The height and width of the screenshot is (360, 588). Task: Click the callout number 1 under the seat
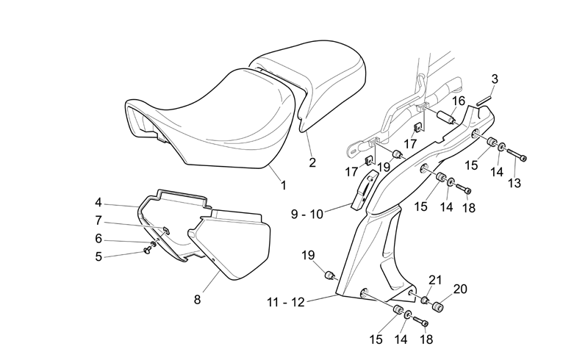point(284,185)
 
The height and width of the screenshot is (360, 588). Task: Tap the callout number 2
point(312,162)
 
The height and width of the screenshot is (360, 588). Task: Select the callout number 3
point(495,79)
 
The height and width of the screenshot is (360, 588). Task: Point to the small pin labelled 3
point(484,100)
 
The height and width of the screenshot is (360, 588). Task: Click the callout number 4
point(98,203)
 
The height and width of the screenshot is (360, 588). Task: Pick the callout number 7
point(98,220)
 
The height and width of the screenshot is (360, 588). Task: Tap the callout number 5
point(98,257)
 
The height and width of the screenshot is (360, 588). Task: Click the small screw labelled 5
point(147,251)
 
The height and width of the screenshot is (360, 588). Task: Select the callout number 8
point(197,300)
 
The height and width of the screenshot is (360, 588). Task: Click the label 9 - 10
point(307,214)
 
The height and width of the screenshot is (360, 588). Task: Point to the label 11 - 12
point(286,302)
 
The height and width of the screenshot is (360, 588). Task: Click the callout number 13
point(514,183)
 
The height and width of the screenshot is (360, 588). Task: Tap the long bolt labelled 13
point(517,155)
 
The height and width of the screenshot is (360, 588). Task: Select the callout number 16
point(458,101)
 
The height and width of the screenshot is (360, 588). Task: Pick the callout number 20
point(460,289)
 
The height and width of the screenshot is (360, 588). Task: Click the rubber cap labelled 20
point(437,306)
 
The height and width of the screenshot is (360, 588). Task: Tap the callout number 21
point(435,280)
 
